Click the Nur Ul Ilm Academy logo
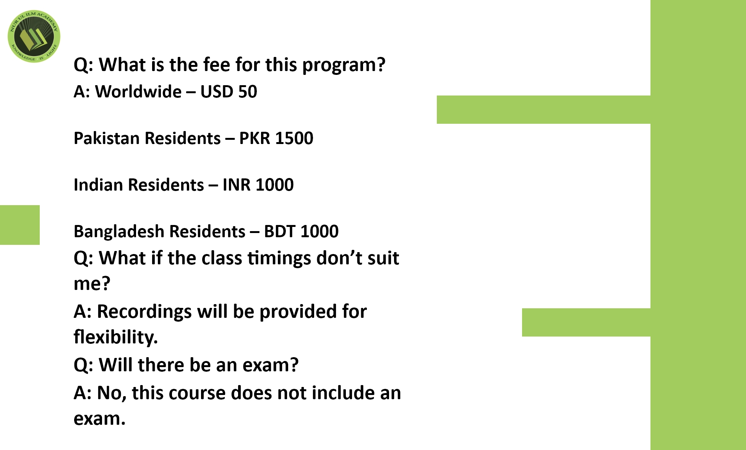(x=34, y=36)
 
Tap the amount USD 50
(x=229, y=92)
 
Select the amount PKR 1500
(x=276, y=138)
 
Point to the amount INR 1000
(x=258, y=185)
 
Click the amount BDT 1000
(x=301, y=231)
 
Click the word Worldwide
(x=138, y=92)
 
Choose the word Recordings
(x=144, y=312)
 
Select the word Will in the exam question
(x=116, y=365)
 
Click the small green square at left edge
(x=20, y=225)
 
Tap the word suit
(x=383, y=258)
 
